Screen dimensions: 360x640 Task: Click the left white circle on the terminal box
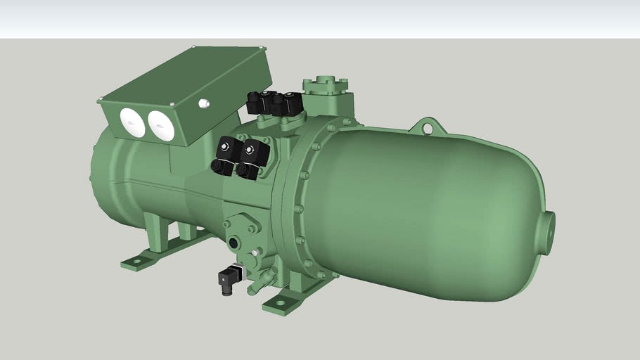tap(132, 122)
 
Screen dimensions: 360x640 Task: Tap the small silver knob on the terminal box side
tap(204, 103)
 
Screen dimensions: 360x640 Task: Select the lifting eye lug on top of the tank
tap(427, 127)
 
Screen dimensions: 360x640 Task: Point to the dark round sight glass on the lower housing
tap(233, 243)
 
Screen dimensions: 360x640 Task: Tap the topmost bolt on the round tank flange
tap(330, 128)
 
